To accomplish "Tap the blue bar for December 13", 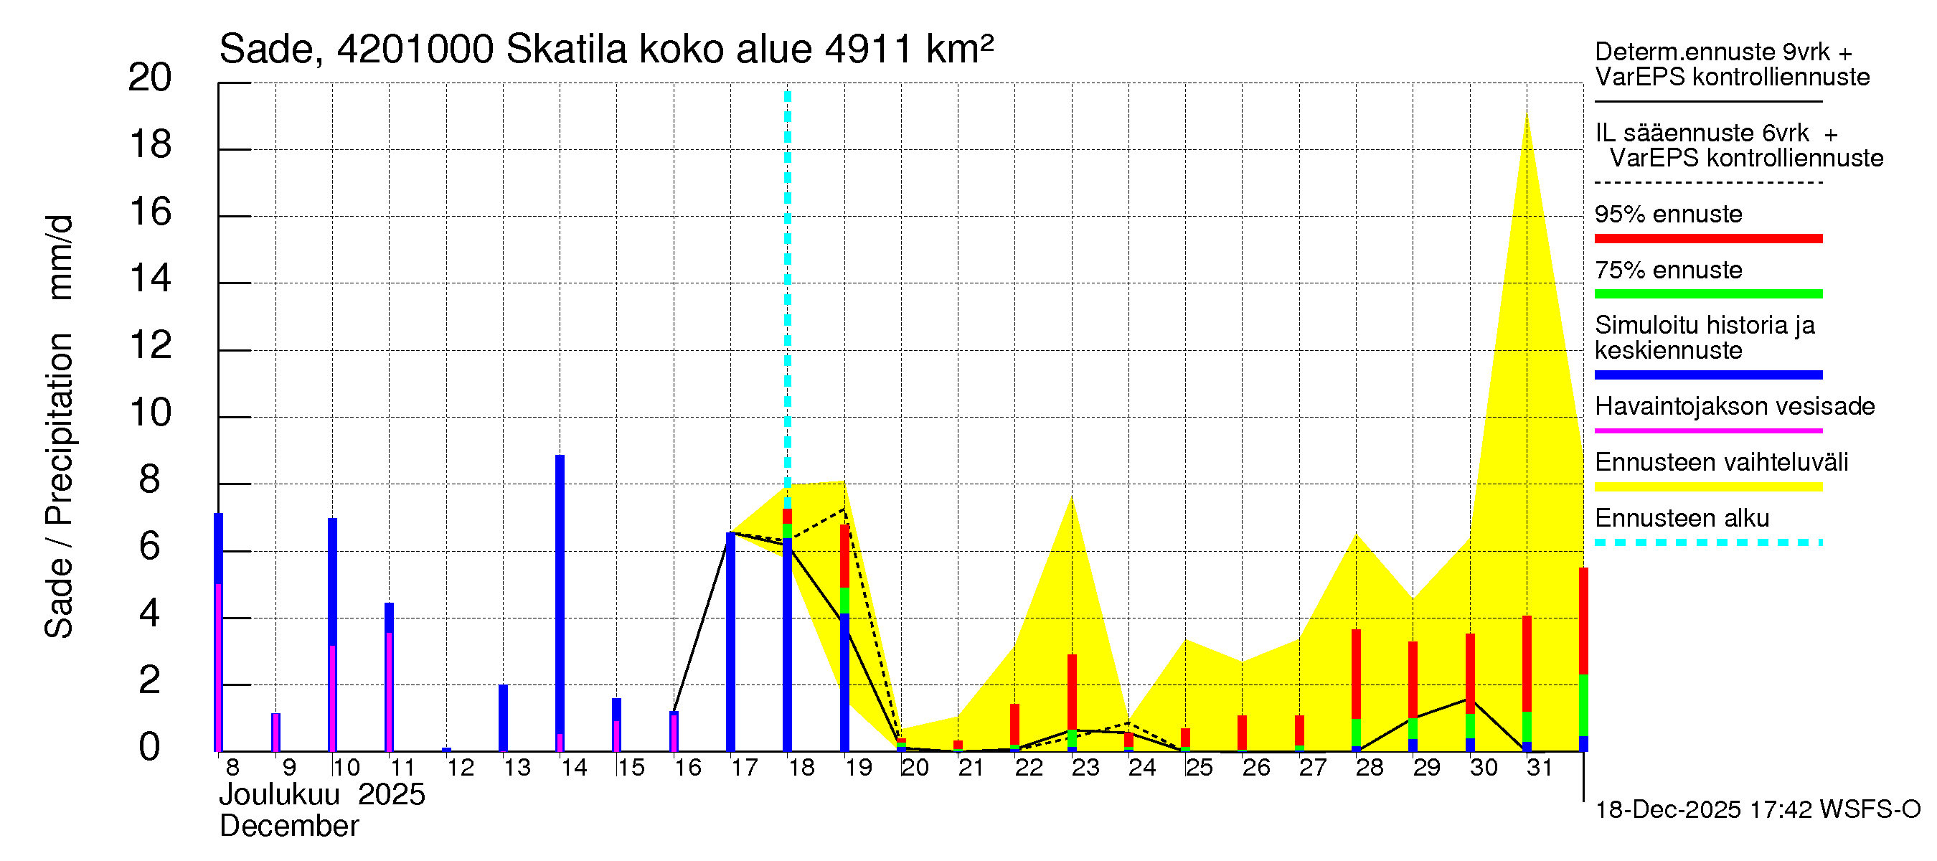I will (503, 717).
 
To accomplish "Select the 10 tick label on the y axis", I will (151, 413).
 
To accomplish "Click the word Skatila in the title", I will (566, 50).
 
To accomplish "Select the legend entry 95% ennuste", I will (1668, 215).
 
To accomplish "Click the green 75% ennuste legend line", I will (1707, 294).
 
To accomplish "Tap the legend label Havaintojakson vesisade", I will (1734, 407).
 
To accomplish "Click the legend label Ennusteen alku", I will (1682, 519).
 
